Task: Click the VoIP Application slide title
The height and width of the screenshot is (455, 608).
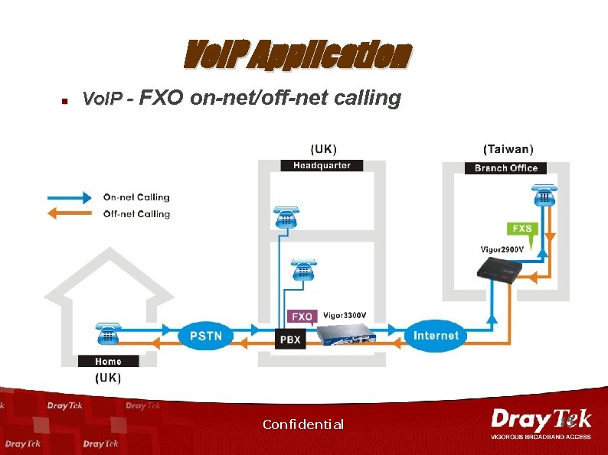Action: pos(298,55)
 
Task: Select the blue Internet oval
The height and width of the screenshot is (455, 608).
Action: pos(436,336)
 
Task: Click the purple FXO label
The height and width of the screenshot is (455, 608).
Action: pos(301,316)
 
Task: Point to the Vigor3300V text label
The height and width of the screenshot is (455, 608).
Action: pos(345,315)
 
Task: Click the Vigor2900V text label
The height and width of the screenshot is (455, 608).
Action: pos(502,249)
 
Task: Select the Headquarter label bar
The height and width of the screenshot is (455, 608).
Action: pos(322,165)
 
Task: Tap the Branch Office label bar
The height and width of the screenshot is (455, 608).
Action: pos(506,168)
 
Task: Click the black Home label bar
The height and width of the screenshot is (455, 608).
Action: pos(108,361)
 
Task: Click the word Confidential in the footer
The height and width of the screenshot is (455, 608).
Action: pos(303,424)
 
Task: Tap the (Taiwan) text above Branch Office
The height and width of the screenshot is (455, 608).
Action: pos(508,149)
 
